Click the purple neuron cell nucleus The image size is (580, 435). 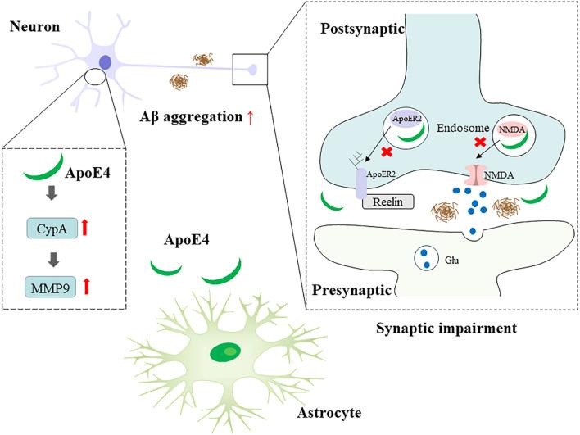point(106,62)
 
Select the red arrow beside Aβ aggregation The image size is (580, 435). point(251,117)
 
